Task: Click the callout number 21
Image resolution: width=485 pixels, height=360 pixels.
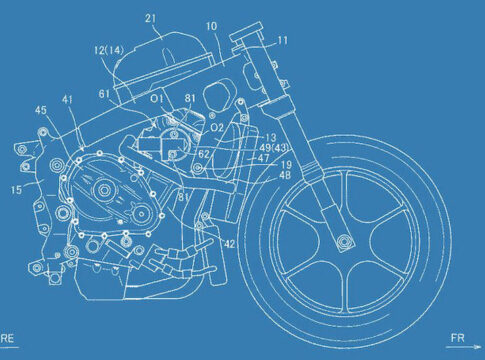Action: (x=151, y=18)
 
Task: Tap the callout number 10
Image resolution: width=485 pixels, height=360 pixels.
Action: (x=211, y=26)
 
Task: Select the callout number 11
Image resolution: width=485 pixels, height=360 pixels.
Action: (x=282, y=41)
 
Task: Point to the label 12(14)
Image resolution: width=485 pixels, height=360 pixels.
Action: (x=109, y=51)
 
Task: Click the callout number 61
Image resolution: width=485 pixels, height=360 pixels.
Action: (x=104, y=94)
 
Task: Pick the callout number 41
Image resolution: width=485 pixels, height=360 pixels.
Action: (x=67, y=99)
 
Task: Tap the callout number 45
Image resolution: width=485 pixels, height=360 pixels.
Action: (x=41, y=110)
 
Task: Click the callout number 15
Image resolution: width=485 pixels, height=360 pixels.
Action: (x=16, y=190)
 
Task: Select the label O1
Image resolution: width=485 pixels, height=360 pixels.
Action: (x=157, y=99)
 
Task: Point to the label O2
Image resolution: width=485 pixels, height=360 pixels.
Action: (x=217, y=127)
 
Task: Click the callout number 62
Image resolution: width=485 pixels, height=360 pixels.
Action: (x=204, y=154)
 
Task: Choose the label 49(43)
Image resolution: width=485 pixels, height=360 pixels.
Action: (x=274, y=147)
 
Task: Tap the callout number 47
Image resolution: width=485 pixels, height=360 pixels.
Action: (x=263, y=158)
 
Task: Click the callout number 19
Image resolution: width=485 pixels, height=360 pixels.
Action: (x=286, y=164)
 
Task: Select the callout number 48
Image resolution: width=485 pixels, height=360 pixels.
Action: (x=285, y=175)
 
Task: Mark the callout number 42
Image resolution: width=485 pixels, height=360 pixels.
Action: (x=229, y=244)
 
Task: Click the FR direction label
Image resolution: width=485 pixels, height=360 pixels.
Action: (x=458, y=338)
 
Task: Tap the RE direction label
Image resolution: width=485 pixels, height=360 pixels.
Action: (x=7, y=338)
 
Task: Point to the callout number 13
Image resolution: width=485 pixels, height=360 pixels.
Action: (x=271, y=137)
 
